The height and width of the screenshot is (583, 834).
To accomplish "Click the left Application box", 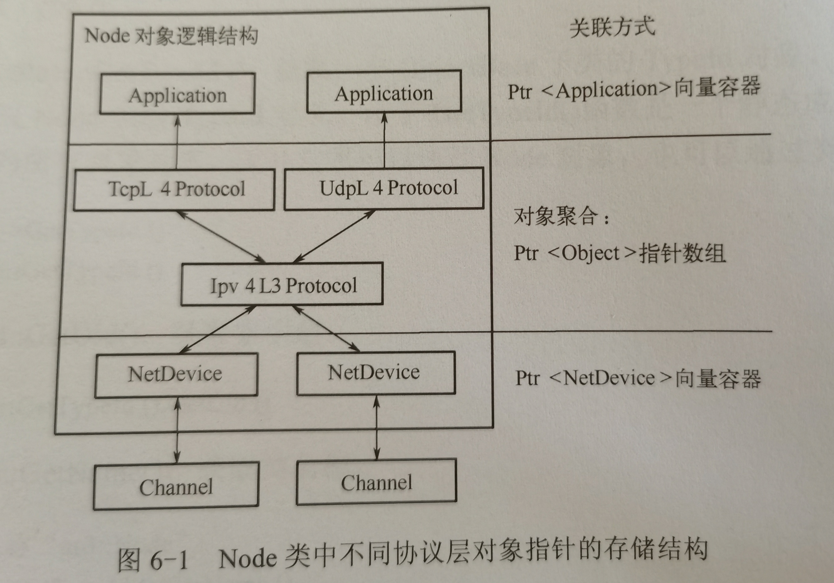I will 177,94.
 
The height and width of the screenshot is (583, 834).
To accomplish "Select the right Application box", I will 384,93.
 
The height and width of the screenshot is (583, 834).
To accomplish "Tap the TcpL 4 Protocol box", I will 175,189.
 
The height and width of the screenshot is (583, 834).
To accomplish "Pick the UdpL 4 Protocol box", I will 384,188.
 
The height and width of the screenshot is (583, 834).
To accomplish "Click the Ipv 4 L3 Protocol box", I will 282,285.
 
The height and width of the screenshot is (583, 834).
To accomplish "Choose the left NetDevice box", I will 176,375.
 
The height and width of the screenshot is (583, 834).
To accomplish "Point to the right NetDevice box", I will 376,373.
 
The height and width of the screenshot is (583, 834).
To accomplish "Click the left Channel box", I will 176,486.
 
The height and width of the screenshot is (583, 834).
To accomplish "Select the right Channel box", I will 376,483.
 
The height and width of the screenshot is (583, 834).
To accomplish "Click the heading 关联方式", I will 612,26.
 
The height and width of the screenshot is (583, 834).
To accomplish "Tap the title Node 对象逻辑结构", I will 171,36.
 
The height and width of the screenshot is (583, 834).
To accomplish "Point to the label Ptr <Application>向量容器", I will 634,88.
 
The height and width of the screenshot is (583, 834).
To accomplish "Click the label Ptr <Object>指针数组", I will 619,253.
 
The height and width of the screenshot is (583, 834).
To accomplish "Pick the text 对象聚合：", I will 561,216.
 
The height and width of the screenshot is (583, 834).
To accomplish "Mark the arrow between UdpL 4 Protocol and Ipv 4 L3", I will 335,236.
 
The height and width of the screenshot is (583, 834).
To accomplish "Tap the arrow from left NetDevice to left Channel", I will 177,430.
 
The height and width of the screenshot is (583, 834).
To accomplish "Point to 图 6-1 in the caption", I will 153,559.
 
